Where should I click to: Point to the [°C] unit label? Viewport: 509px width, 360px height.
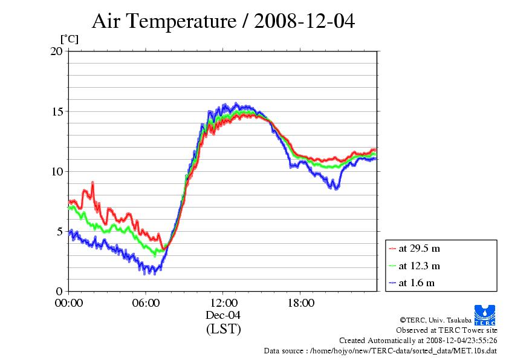pos(69,39)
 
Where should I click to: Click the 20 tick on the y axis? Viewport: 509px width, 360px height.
pos(56,51)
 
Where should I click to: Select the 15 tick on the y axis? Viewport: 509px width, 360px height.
pos(56,111)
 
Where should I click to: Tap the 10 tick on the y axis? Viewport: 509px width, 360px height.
pos(56,171)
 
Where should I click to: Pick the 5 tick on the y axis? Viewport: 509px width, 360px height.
pos(59,231)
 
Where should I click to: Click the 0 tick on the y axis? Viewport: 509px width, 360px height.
pos(59,291)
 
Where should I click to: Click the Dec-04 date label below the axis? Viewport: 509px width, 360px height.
pos(223,315)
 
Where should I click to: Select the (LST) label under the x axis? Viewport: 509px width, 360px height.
pos(223,330)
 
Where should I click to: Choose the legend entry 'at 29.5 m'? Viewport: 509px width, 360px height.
pos(419,248)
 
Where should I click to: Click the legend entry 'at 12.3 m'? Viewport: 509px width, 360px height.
pos(419,266)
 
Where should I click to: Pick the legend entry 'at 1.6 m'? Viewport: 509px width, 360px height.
pos(417,283)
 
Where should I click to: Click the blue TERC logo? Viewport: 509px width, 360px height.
pos(485,313)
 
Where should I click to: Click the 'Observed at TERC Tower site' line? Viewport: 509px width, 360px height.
pos(447,330)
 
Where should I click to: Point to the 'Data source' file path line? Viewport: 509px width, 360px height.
pos(380,350)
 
